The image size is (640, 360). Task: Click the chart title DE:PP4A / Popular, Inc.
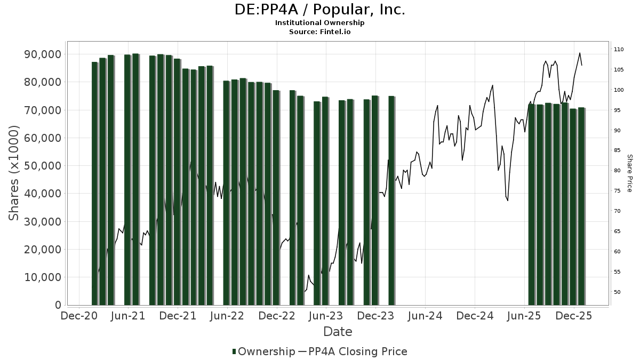319,10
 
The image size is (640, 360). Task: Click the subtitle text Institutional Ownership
319,23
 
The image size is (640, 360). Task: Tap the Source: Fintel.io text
319,32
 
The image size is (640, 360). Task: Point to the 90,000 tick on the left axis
42,54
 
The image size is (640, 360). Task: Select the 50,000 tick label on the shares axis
42,166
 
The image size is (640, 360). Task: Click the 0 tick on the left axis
57,305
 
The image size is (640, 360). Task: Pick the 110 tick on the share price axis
619,50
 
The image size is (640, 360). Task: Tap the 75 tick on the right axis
617,191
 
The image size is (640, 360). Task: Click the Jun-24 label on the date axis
425,316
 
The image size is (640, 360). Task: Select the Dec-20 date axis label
79,316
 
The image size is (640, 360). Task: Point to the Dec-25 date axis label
574,316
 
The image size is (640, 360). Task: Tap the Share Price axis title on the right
629,173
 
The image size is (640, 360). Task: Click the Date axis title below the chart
338,332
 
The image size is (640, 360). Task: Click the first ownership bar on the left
95,183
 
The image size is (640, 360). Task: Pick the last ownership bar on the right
581,206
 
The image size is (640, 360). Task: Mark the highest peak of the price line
580,53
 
